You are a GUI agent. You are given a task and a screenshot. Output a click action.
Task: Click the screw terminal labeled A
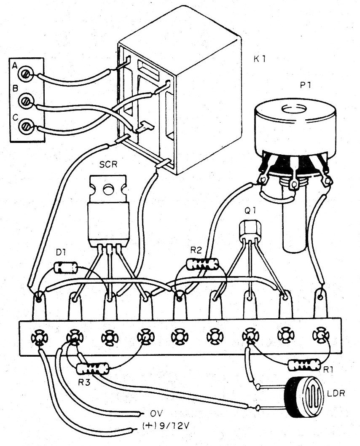[27, 75]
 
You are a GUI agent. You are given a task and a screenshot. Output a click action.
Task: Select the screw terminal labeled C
[27, 126]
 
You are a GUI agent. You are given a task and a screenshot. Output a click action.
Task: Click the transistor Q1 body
[250, 230]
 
